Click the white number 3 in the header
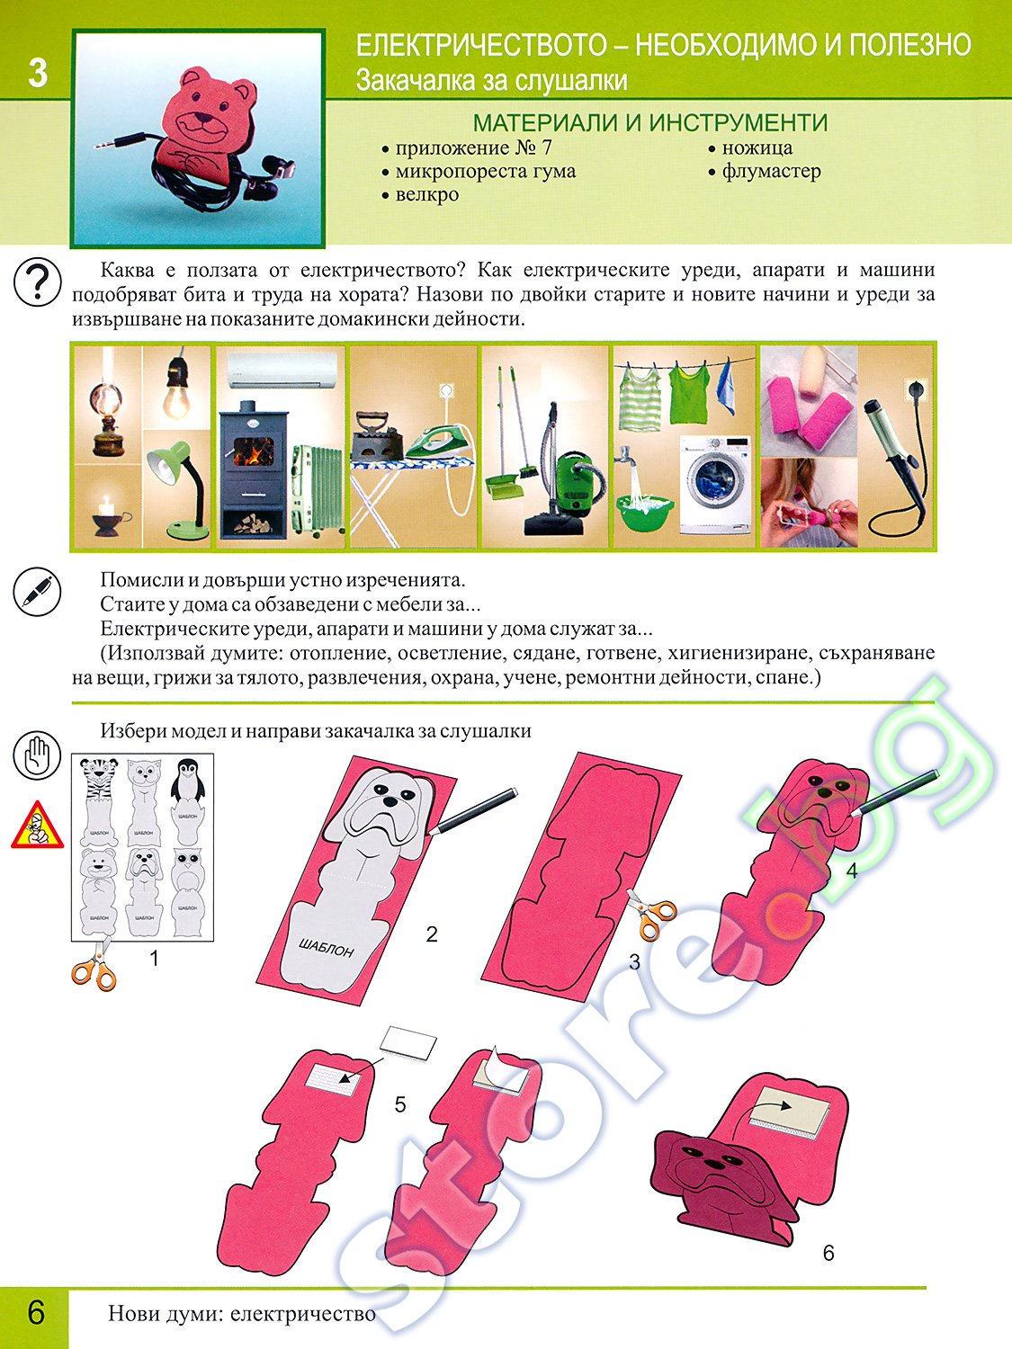[38, 73]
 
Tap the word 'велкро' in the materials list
[427, 194]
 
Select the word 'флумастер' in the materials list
[771, 171]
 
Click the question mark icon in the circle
[37, 281]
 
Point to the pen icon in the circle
[37, 591]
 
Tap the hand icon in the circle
[37, 756]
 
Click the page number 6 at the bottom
[36, 1311]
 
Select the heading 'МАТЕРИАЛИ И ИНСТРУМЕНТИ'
[650, 123]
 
